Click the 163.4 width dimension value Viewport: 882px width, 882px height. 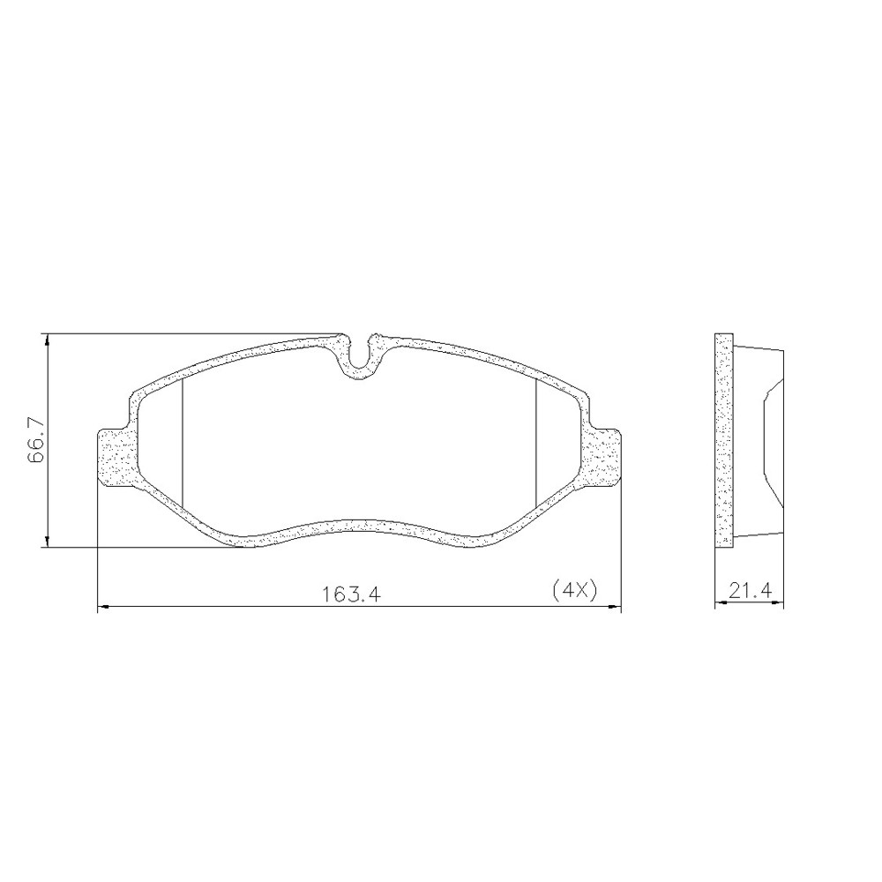[x=350, y=594]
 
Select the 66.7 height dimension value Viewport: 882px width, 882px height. [x=36, y=441]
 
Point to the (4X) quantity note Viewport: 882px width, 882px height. [x=573, y=592]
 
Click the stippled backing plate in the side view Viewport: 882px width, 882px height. [x=723, y=441]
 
